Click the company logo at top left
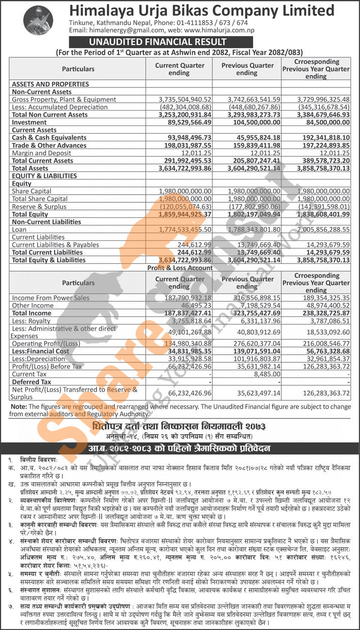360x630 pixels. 38,20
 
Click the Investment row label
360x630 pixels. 29,122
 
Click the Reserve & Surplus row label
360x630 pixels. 40,207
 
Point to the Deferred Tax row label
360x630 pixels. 31,382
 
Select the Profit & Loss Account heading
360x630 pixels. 180,268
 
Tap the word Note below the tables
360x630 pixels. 19,406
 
